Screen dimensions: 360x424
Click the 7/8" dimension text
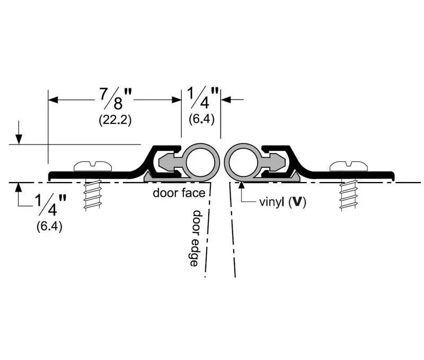coord(114,98)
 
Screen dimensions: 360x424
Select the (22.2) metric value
coord(115,120)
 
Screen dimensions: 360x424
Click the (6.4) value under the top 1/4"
coord(201,119)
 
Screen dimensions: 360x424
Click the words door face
coord(179,193)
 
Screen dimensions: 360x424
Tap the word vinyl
coord(272,202)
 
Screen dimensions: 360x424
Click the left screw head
coord(94,166)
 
